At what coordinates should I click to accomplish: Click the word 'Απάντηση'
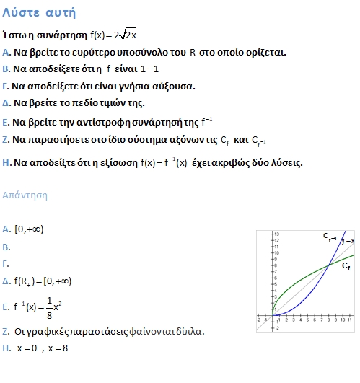click(x=26, y=195)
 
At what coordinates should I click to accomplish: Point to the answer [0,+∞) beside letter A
click(x=30, y=229)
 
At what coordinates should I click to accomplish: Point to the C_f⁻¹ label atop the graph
click(x=329, y=237)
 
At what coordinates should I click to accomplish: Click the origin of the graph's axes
click(x=272, y=315)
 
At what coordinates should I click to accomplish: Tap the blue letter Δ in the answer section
click(x=6, y=281)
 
